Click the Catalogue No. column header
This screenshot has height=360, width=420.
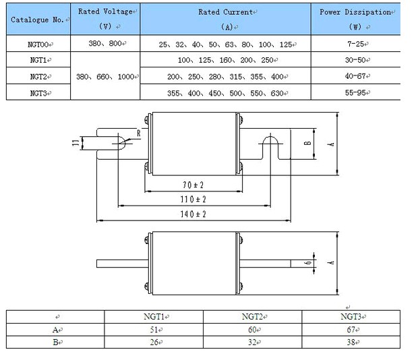38,19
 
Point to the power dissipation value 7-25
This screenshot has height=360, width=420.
355,44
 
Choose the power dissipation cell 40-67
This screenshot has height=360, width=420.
355,76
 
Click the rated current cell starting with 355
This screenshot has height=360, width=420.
225,92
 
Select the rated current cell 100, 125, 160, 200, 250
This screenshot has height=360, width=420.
225,60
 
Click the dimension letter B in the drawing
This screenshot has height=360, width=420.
307,144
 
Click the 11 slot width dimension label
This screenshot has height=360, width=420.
74,143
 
